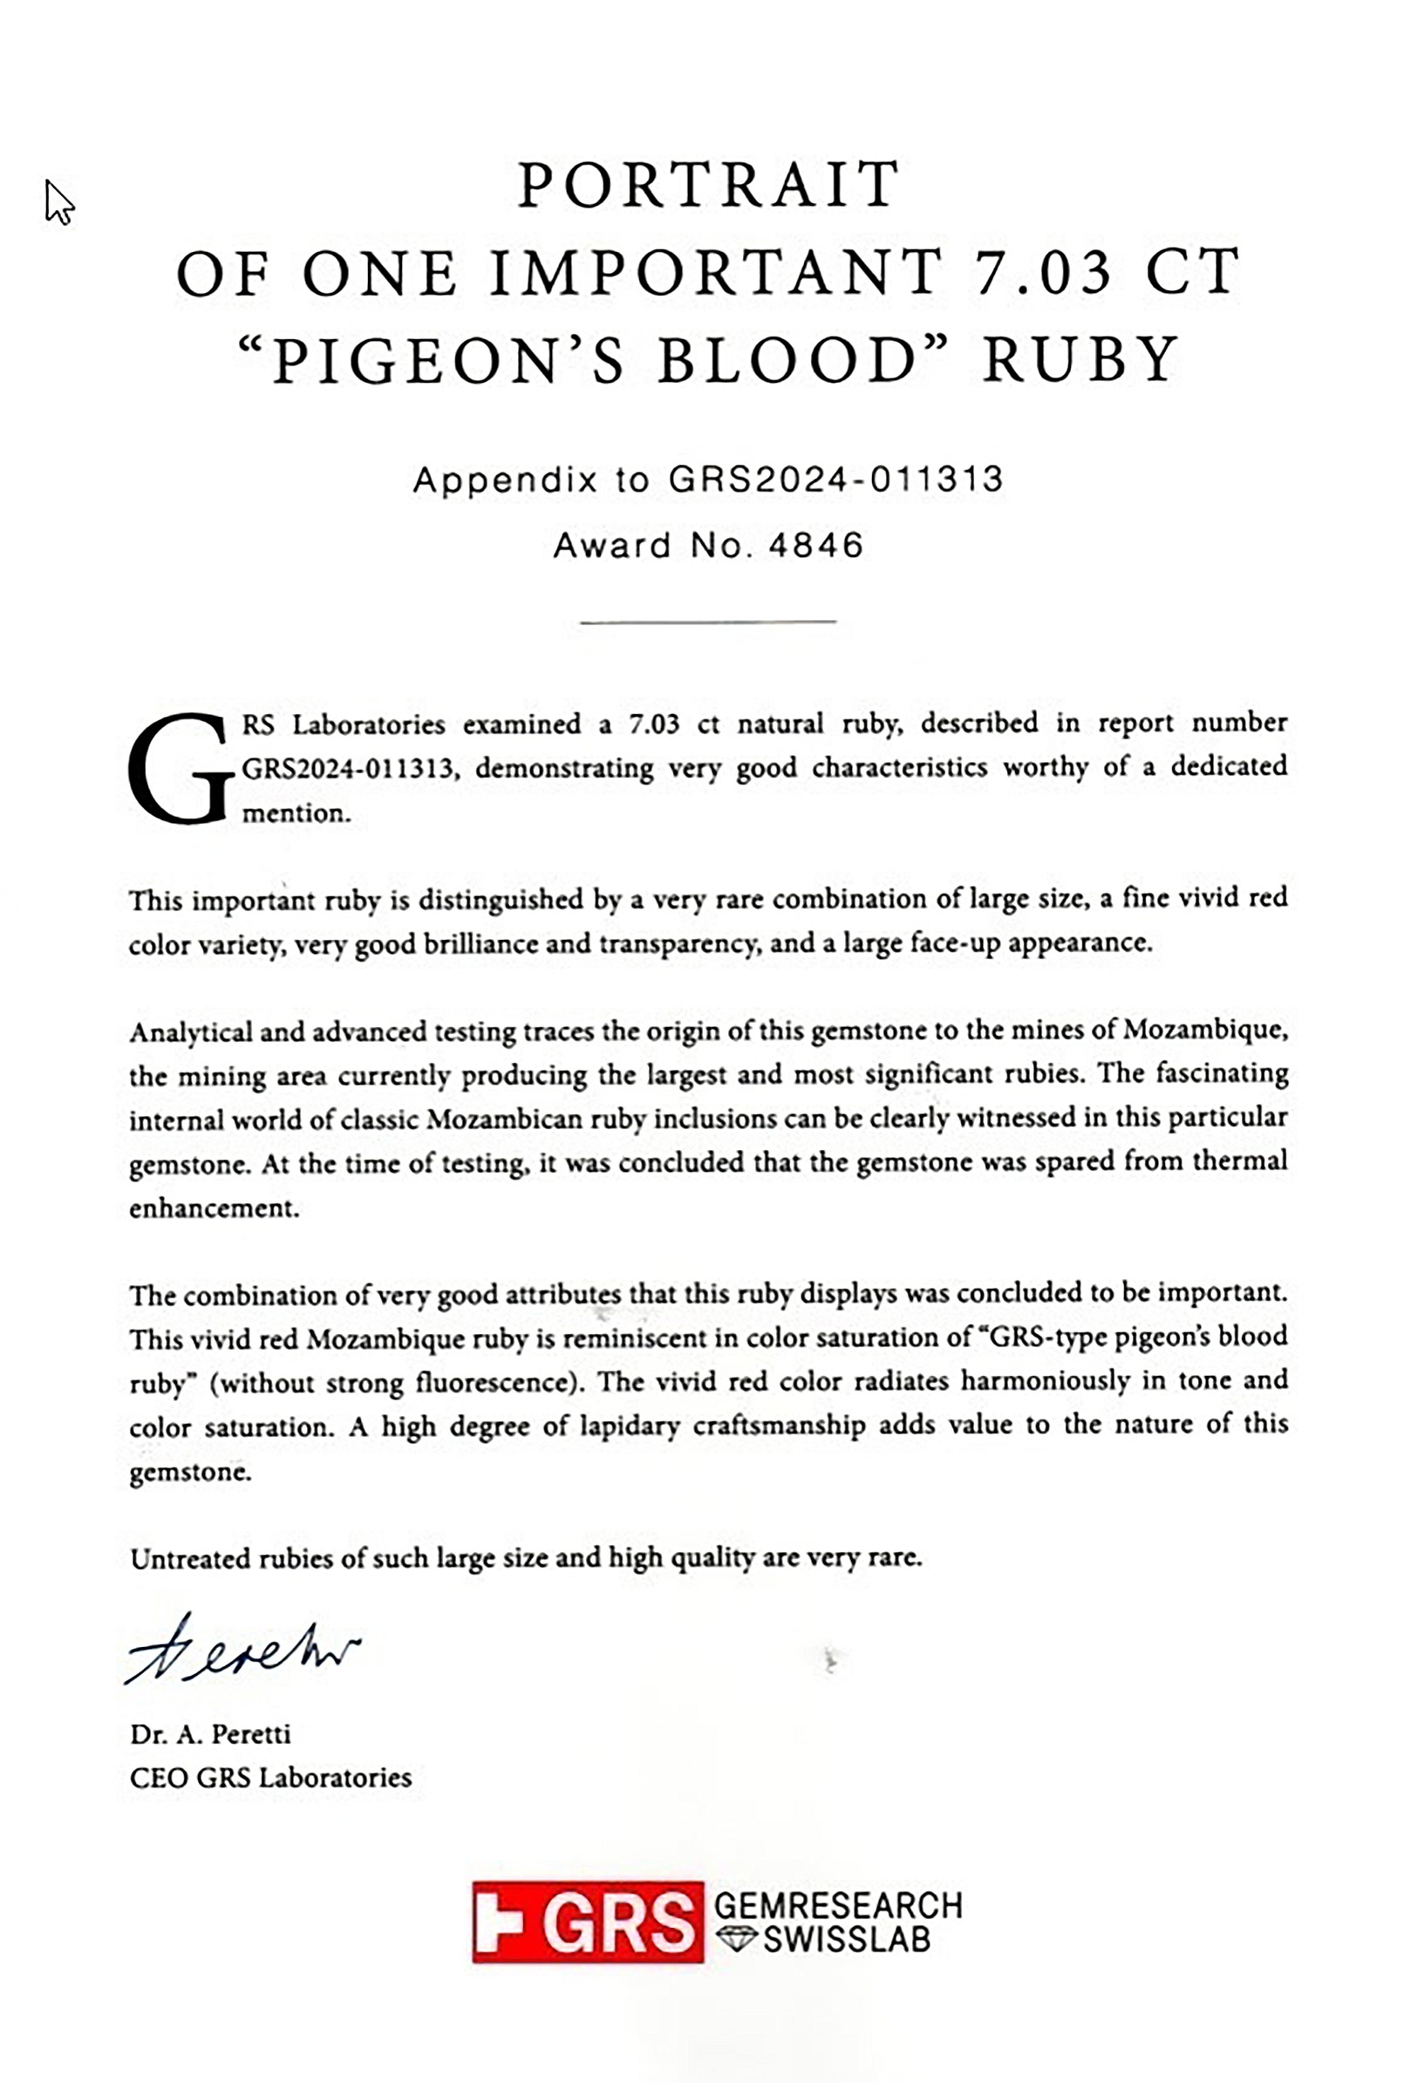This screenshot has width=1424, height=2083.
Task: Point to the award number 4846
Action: [x=815, y=545]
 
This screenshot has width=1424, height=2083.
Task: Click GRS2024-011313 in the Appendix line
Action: [x=835, y=480]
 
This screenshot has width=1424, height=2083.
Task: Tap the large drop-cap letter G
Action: [x=180, y=768]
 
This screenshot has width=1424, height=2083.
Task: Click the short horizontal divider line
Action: [x=708, y=620]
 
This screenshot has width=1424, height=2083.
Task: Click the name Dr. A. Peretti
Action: [x=211, y=1733]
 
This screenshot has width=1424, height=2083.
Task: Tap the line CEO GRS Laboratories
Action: [x=270, y=1777]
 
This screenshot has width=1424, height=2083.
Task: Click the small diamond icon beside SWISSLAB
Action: [x=737, y=1938]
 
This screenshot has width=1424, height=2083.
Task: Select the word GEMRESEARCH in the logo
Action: [x=838, y=1903]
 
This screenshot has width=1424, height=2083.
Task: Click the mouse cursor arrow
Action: [x=58, y=201]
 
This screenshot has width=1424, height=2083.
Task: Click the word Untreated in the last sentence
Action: [x=191, y=1559]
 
